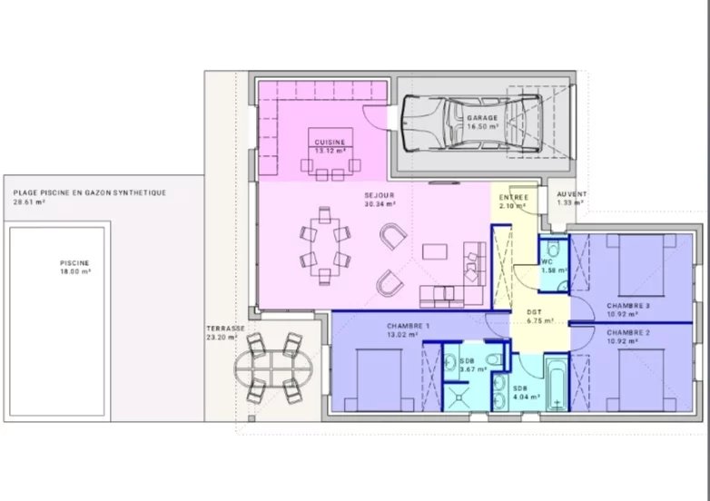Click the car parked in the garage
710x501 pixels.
pos(471,123)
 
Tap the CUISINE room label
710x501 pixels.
pos(330,142)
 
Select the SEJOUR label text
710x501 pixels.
pos(380,195)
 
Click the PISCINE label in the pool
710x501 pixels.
pos(74,263)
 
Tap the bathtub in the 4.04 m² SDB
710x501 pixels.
pos(557,385)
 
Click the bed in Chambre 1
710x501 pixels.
pos(379,380)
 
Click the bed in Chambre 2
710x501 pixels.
pos(641,380)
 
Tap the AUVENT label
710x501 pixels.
pos(571,194)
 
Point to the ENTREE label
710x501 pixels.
pos(514,197)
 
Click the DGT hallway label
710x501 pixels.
pos(534,312)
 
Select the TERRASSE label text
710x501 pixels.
pos(225,329)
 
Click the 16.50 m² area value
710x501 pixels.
pos(483,127)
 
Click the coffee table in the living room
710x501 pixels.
pos(435,251)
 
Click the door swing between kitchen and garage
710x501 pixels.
pos(375,118)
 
